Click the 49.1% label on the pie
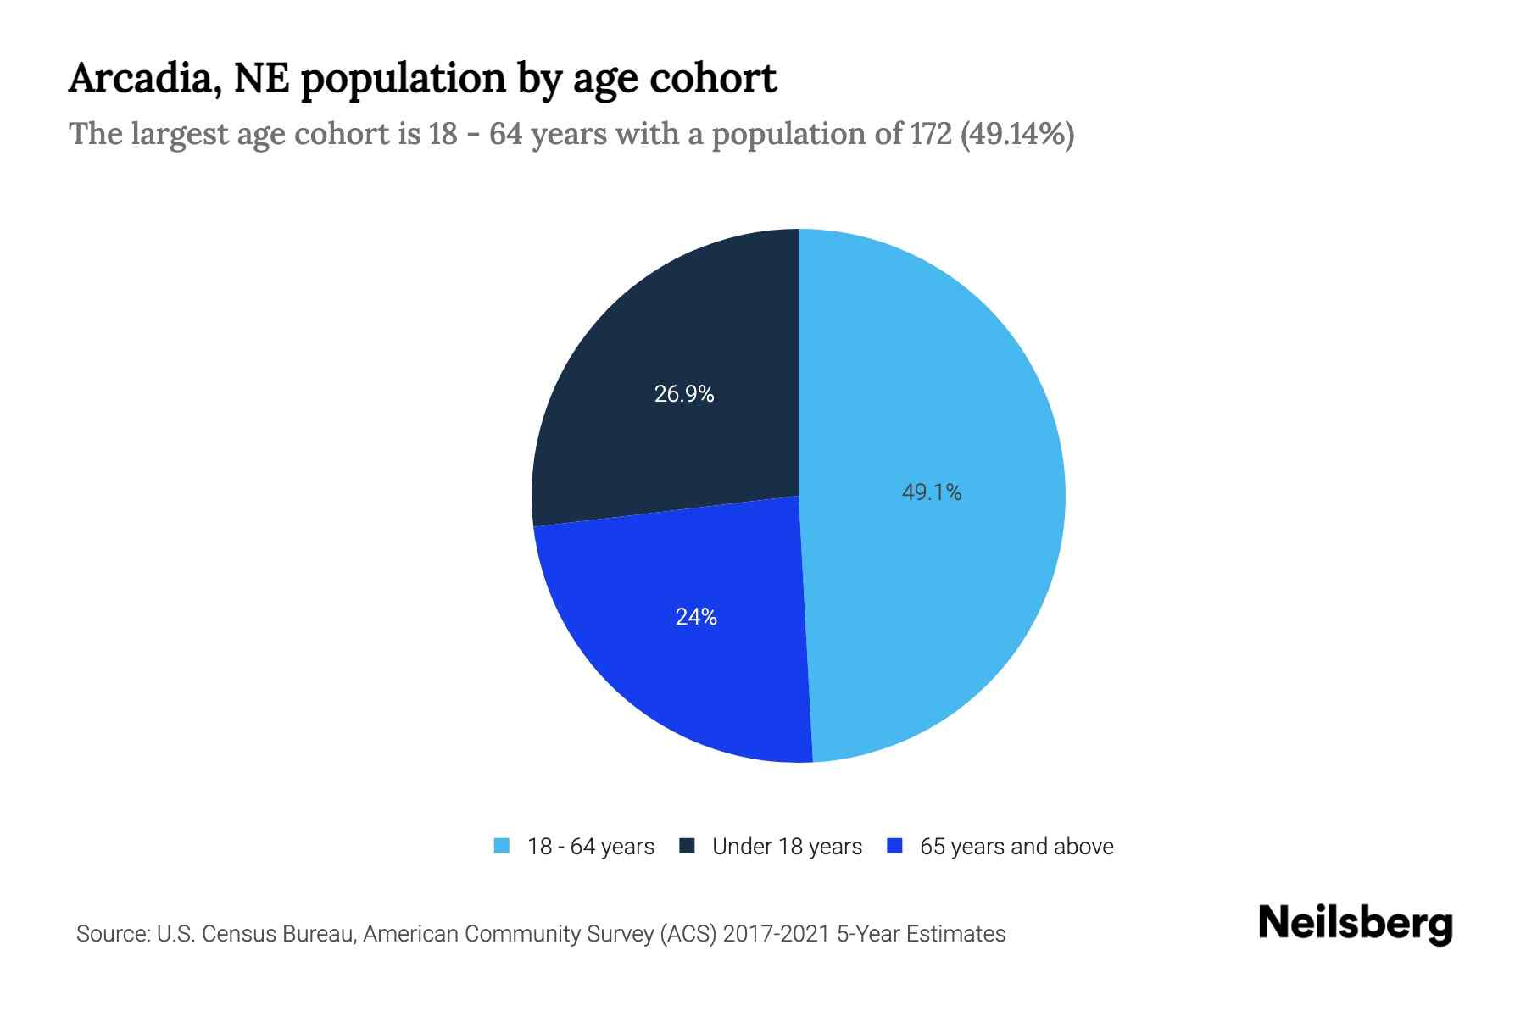coord(931,492)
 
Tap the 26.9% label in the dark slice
coord(684,394)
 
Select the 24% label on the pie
coord(696,617)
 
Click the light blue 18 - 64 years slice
coord(950,381)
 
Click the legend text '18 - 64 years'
coord(591,847)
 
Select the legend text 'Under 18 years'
coord(787,847)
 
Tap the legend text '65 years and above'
coord(1016,847)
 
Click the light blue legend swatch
coord(502,846)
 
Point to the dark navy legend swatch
coord(687,846)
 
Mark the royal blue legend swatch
coord(894,846)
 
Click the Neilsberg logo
coord(1355,924)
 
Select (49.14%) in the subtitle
coord(1016,134)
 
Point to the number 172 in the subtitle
coord(931,134)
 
